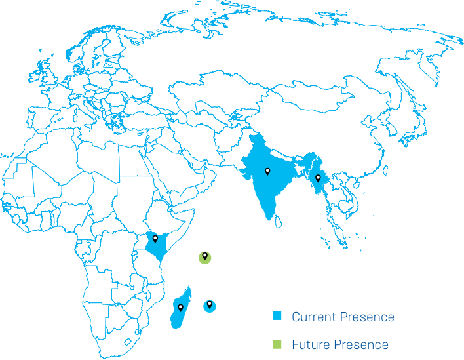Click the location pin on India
coord(267,172)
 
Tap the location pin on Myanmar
coord(318,178)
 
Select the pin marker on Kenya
coord(155,239)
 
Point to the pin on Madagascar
coord(180,307)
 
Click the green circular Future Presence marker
coord(205,257)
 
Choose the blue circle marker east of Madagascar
coord(209,305)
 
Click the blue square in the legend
coord(277,317)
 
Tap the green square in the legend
coord(277,344)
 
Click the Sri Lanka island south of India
coord(279,221)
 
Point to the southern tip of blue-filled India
coord(271,219)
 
